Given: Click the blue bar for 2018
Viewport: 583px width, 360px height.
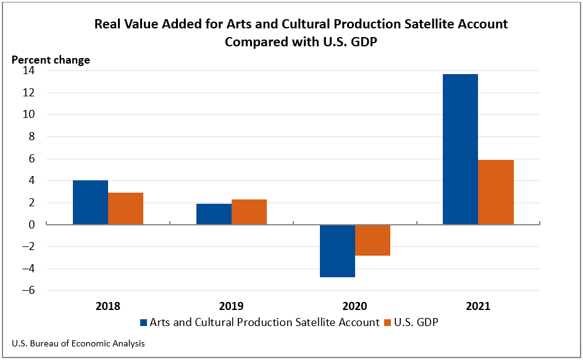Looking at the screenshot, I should (90, 203).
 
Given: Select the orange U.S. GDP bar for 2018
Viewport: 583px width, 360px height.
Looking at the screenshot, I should (125, 209).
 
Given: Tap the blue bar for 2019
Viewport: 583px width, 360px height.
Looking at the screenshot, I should (214, 214).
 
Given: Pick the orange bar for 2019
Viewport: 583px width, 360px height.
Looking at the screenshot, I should (249, 212).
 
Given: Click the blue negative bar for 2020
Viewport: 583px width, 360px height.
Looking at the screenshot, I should (337, 251).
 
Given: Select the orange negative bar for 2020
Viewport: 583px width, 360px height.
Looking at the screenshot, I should (372, 240).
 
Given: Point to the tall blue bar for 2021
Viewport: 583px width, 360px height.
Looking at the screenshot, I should (460, 149).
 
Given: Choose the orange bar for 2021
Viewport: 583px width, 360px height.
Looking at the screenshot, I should (496, 192).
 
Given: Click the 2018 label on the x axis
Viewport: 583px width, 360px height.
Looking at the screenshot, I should (108, 306).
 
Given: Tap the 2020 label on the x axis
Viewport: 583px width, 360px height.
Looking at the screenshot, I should (354, 306).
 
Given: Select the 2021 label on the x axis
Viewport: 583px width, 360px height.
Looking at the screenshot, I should (478, 306).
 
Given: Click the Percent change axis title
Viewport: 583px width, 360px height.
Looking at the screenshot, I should (51, 60).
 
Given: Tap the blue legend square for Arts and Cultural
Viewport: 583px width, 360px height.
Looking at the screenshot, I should (145, 322).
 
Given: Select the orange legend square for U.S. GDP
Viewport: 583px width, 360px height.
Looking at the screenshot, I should (388, 322).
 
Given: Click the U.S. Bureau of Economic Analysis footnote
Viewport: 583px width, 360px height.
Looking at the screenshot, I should (78, 343).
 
